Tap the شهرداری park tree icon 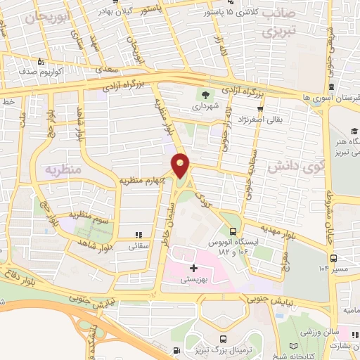click(204, 95)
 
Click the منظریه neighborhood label click(65, 170)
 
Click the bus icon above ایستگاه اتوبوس click(233, 231)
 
